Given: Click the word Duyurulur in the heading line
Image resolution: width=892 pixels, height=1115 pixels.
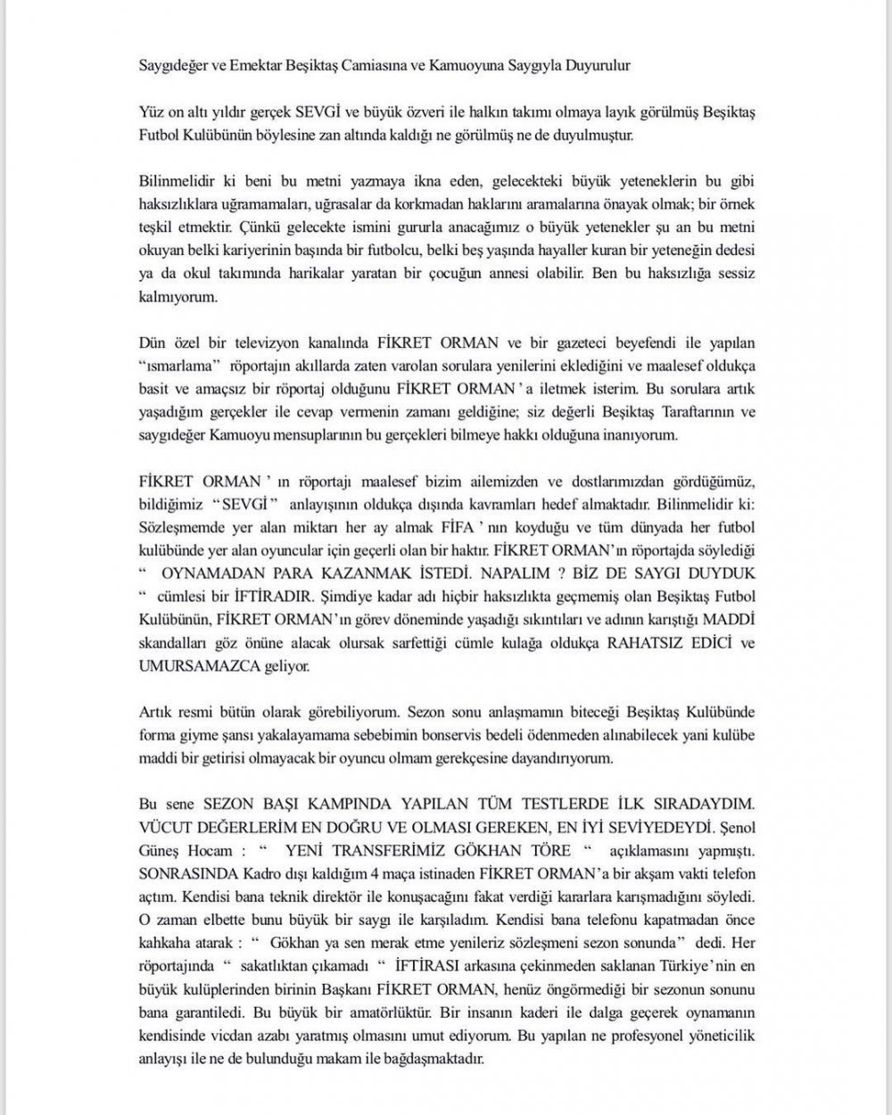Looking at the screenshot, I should tap(599, 65).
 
